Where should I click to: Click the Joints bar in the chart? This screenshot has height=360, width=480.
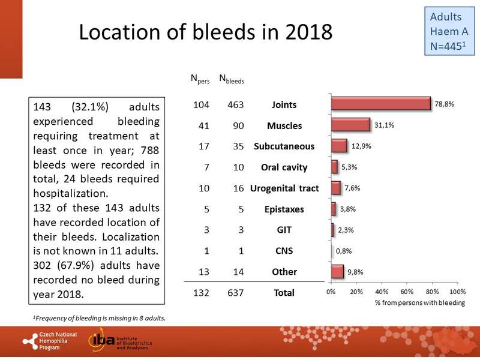[381, 104]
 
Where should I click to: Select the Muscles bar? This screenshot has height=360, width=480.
[350, 125]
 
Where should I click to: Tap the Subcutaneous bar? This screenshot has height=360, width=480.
[339, 146]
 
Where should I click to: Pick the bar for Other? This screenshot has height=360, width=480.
[337, 272]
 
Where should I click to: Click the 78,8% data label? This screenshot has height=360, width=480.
[445, 104]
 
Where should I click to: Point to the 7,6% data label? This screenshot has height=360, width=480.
[353, 188]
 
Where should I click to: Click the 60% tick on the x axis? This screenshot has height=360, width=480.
[407, 292]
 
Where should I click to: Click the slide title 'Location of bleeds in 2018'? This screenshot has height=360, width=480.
[206, 32]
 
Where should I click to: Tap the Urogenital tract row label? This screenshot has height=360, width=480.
[284, 188]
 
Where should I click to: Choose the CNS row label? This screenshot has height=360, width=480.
[284, 251]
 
